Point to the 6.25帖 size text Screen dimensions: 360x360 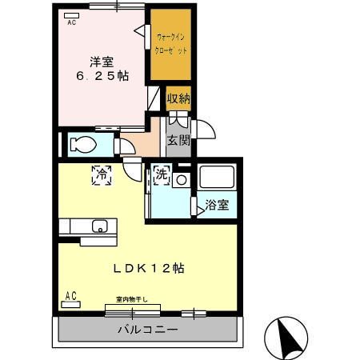tap(102, 76)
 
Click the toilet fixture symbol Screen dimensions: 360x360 tap(82, 145)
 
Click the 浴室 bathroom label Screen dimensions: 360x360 tap(216, 205)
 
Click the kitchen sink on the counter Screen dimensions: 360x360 tap(99, 226)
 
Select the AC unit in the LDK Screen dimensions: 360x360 tap(71, 298)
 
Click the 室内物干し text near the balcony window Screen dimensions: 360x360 tap(131, 298)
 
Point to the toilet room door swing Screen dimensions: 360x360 tap(123, 146)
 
